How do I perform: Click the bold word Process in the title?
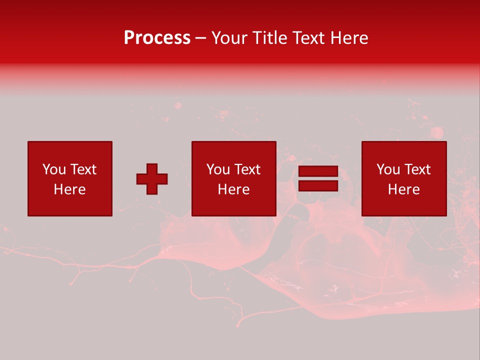(157, 38)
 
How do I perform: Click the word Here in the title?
(350, 38)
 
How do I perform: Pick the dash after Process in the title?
(201, 38)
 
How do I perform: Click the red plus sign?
(152, 179)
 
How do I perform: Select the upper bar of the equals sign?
(318, 171)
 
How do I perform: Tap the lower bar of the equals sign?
(318, 186)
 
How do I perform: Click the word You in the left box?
(54, 169)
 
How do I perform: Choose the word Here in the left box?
(69, 189)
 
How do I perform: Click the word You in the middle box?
(218, 169)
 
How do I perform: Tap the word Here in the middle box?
(233, 189)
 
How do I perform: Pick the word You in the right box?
(388, 169)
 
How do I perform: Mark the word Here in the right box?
(403, 189)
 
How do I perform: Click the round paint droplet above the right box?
(436, 132)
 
